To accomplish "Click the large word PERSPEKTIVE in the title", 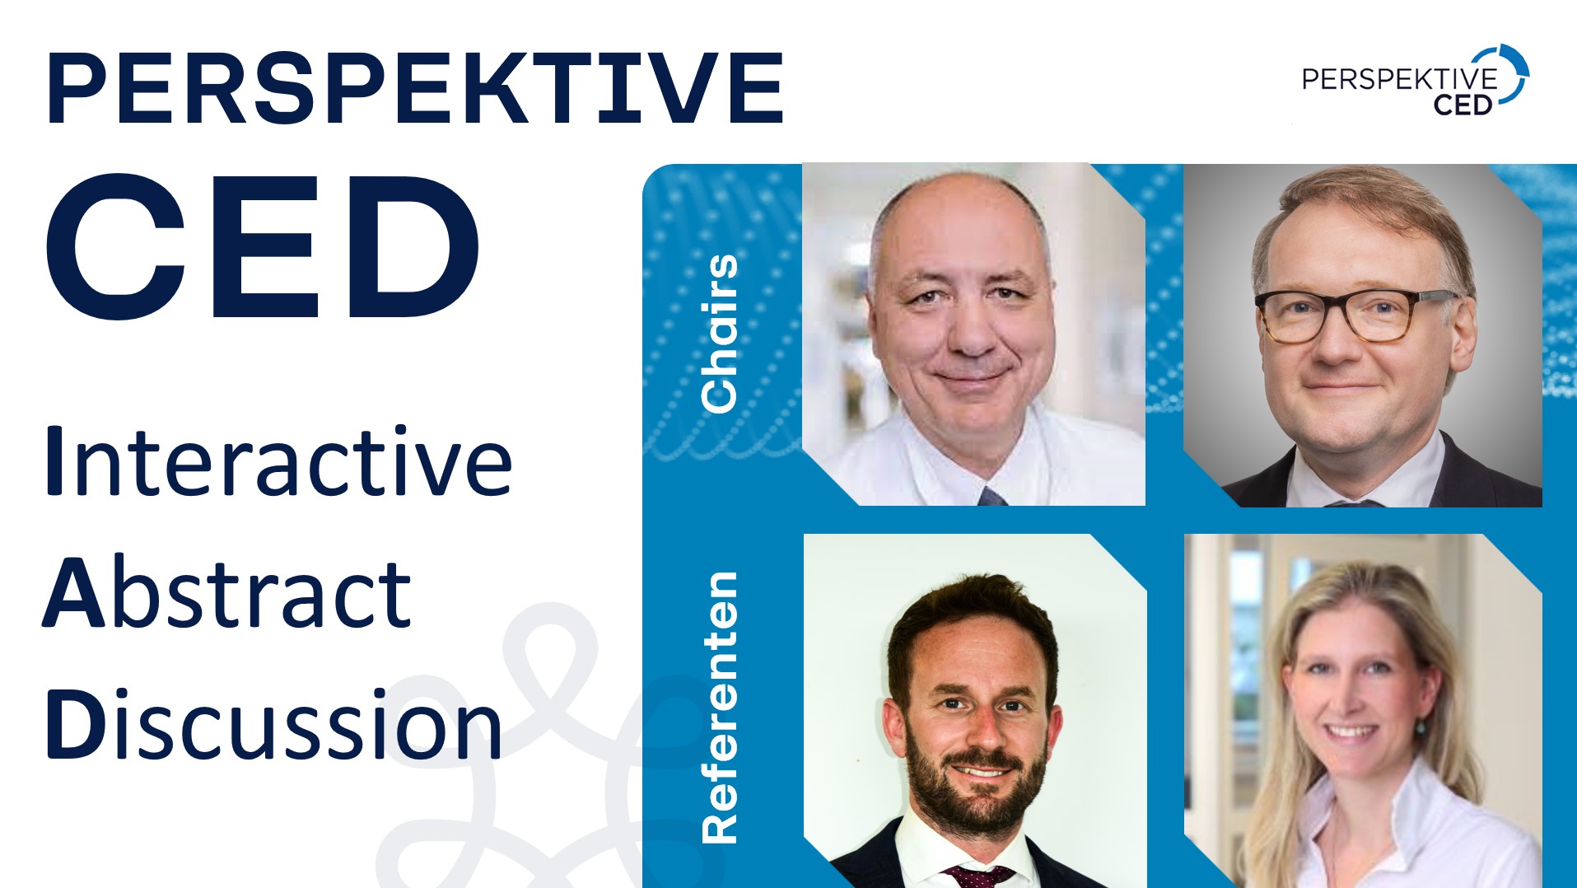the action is coord(415,88).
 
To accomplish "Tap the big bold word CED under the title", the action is coord(264,246).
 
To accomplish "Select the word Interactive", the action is coord(278,460).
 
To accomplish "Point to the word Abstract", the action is coord(227,591).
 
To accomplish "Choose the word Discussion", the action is coord(274,723).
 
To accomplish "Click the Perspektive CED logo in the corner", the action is coord(1415,80).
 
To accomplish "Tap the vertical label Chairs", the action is coord(719,333).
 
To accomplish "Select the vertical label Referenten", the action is coord(719,707).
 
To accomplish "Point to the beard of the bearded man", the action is coord(977,778).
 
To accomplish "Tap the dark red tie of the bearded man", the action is coord(978,876).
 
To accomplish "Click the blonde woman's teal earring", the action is coord(1420,727).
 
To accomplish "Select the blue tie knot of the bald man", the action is coord(991,496).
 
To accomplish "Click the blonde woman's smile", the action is coord(1348,731).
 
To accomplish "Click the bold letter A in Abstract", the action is coord(74,592).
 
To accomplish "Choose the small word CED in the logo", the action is coord(1463,105).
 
